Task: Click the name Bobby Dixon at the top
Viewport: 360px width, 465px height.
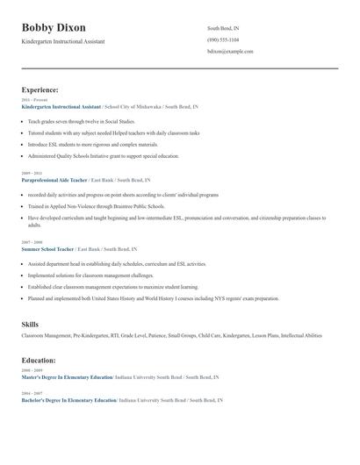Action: pos(54,28)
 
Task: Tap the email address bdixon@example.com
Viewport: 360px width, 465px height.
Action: pos(230,52)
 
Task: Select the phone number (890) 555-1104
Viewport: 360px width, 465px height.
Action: pos(223,39)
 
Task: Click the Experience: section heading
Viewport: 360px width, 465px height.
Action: pos(40,89)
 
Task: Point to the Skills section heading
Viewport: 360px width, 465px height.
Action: pos(30,324)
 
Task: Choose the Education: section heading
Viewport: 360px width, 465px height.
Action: pos(39,360)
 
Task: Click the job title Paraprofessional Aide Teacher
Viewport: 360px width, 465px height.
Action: pos(54,179)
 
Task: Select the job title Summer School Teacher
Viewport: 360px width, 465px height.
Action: pos(47,249)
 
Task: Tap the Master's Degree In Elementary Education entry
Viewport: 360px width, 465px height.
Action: pos(67,377)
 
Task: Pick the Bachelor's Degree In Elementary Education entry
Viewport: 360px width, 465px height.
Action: pos(68,400)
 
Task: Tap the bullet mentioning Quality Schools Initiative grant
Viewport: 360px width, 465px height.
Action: pos(104,155)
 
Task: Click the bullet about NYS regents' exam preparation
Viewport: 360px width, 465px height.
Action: pos(154,298)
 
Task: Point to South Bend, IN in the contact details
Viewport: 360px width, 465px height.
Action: pos(223,28)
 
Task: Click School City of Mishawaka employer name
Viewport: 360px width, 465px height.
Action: pos(133,106)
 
